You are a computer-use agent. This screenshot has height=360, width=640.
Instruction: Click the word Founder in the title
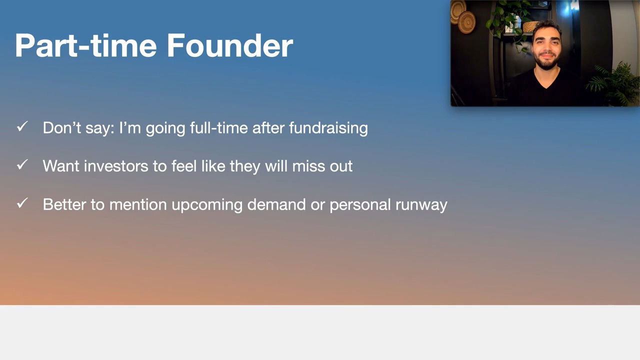pyautogui.click(x=229, y=45)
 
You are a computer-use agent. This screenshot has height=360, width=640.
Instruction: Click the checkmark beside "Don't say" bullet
pyautogui.click(x=22, y=126)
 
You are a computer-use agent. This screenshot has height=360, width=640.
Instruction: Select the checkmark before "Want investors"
pyautogui.click(x=22, y=164)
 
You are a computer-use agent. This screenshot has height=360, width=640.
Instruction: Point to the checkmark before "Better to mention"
pyautogui.click(x=22, y=203)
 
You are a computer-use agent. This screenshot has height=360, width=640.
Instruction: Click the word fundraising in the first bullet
pyautogui.click(x=328, y=127)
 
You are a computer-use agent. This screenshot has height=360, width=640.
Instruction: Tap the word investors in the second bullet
pyautogui.click(x=116, y=166)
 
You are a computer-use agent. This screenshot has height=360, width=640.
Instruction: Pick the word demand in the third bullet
pyautogui.click(x=276, y=204)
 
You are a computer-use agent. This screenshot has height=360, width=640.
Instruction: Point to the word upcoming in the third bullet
pyautogui.click(x=207, y=205)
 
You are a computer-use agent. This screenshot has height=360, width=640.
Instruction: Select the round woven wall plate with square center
pyautogui.click(x=467, y=22)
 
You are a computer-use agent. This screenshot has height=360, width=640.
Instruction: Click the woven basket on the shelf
pyautogui.click(x=530, y=27)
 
